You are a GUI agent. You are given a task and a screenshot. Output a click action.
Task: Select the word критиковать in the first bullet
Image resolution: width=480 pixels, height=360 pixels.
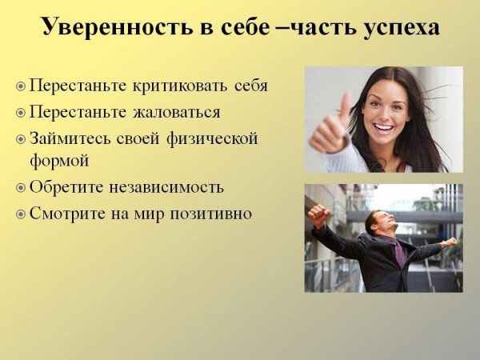[181, 86]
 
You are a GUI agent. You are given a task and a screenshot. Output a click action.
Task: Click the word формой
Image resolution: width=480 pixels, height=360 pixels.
[59, 160]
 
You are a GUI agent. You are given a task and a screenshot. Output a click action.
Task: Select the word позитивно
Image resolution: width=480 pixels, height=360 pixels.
[206, 214]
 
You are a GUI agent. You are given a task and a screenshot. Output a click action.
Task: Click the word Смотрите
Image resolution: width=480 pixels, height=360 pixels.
[70, 214]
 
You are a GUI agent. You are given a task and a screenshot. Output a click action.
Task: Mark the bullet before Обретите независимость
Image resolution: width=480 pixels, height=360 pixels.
[21, 188]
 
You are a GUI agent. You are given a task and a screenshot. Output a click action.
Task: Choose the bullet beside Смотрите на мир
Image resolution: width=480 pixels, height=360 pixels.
[21, 214]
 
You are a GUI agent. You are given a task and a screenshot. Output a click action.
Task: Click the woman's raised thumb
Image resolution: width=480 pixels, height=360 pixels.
[343, 106]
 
